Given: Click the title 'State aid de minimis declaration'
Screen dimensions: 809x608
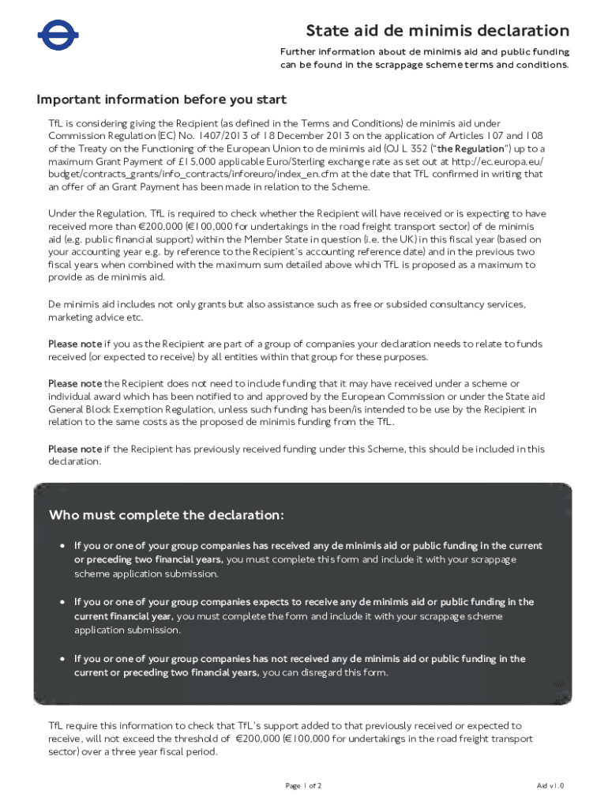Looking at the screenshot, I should coord(437,31).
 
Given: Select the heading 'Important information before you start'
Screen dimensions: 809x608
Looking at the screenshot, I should coord(161,100).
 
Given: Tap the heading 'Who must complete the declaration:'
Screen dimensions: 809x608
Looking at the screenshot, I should coord(166,515).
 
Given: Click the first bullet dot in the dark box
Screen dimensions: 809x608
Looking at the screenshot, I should coord(62,546).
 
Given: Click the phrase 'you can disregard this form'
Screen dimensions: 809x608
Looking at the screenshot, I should coord(325,672).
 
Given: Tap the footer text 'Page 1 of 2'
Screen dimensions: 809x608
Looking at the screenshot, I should coord(303,785).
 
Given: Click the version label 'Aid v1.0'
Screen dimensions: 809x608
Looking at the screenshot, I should coord(550,785).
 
